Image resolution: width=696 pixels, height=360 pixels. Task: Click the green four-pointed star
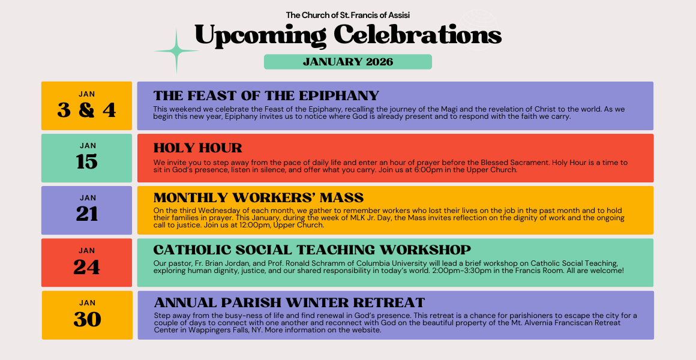click(x=176, y=52)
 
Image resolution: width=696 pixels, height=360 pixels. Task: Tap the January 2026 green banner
click(x=348, y=62)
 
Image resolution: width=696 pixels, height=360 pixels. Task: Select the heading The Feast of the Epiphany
click(x=266, y=96)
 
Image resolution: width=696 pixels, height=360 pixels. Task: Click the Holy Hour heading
click(x=198, y=148)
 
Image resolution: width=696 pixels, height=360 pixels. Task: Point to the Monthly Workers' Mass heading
click(x=259, y=197)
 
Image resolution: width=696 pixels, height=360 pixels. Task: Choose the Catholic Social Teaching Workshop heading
click(x=312, y=250)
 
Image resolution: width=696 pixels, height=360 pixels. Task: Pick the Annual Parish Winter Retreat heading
click(x=289, y=303)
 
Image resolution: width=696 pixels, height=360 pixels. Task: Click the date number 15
click(x=86, y=162)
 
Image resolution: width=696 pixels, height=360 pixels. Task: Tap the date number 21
click(x=86, y=214)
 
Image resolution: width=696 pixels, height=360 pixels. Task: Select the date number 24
click(x=86, y=267)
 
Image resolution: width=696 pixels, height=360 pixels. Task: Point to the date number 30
click(x=87, y=320)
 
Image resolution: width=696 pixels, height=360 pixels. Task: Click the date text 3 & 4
click(x=86, y=110)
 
